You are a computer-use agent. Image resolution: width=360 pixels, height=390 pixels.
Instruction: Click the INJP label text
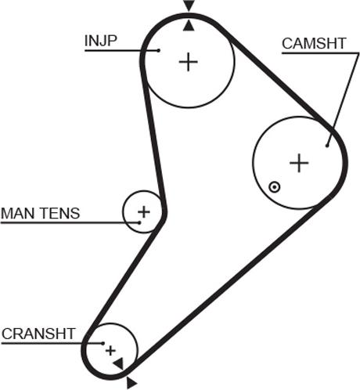(x=101, y=41)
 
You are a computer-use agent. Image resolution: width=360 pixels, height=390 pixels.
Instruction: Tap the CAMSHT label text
(x=314, y=43)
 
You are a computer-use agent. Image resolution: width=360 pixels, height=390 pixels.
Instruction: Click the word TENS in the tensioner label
(x=60, y=213)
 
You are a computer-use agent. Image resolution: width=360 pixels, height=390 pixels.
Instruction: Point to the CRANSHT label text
(x=38, y=334)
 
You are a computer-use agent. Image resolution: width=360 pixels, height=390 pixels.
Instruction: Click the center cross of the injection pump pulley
(x=189, y=62)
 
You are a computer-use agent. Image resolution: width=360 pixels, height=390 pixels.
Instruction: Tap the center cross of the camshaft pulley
(x=299, y=163)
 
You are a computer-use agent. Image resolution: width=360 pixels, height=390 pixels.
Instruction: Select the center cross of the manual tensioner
(x=144, y=211)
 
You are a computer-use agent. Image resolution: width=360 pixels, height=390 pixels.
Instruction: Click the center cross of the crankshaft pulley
(x=110, y=351)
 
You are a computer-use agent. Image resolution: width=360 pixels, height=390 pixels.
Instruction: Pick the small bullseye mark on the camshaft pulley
(x=274, y=187)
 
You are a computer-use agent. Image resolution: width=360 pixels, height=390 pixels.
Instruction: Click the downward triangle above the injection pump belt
(x=189, y=5)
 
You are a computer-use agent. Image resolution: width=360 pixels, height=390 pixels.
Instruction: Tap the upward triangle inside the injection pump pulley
(x=189, y=27)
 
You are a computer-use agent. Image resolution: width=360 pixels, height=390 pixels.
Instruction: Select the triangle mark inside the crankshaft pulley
(x=119, y=363)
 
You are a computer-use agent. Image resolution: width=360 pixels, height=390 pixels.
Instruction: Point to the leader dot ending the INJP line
(x=158, y=50)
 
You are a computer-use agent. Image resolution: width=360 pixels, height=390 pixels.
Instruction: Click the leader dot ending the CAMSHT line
(x=327, y=146)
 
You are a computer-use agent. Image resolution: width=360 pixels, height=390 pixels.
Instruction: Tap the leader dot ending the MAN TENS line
(x=139, y=222)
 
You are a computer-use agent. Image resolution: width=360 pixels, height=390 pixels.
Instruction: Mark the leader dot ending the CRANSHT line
(x=103, y=343)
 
